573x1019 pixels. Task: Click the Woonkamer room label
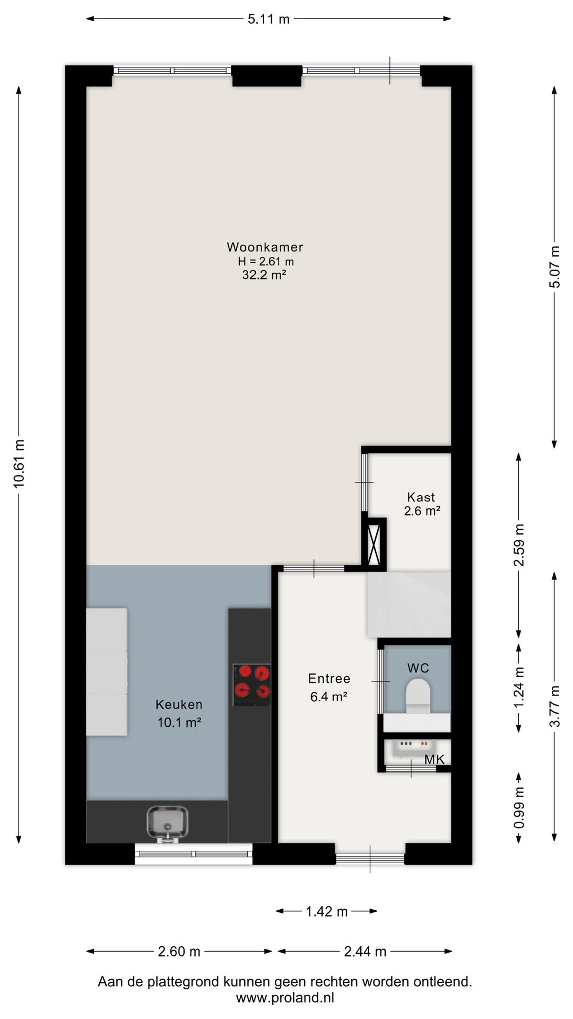(x=265, y=247)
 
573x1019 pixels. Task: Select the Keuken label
(x=179, y=704)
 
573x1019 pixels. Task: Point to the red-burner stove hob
(x=252, y=685)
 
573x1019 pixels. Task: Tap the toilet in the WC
(x=418, y=696)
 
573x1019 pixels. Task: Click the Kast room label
(x=421, y=497)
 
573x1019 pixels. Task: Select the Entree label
(x=329, y=678)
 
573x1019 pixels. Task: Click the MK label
(x=434, y=759)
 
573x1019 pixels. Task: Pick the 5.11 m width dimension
(x=269, y=19)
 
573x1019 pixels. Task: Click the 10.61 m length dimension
(x=19, y=464)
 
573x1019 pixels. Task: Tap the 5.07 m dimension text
(x=554, y=267)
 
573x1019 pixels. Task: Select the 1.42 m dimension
(x=327, y=911)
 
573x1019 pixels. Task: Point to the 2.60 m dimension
(x=179, y=951)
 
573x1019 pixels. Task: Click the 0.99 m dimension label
(x=519, y=807)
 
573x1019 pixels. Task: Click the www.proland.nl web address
(x=285, y=997)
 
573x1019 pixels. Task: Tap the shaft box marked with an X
(x=374, y=545)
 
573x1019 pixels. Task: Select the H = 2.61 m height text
(x=266, y=261)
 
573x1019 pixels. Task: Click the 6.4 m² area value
(x=329, y=696)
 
